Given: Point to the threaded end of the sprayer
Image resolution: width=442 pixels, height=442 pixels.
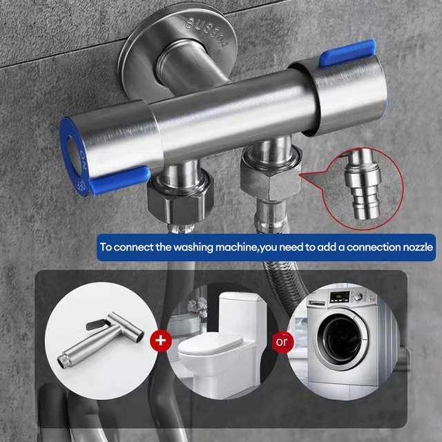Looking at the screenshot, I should pyautogui.click(x=66, y=361).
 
